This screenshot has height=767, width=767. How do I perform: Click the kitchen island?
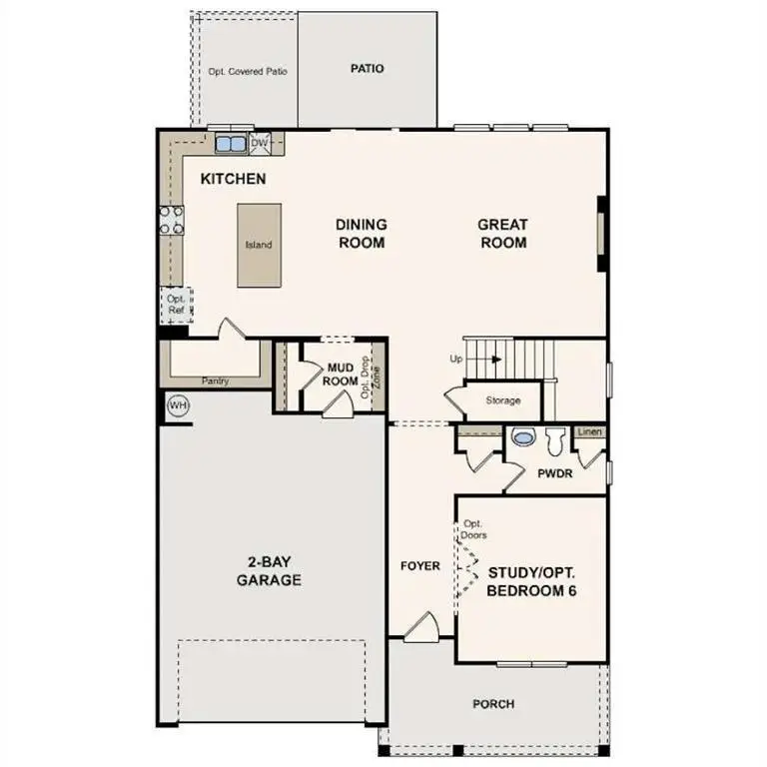click(258, 245)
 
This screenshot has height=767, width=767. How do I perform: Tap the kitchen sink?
click(231, 143)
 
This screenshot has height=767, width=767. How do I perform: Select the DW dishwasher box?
click(260, 143)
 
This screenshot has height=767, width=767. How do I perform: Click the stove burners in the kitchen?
click(171, 220)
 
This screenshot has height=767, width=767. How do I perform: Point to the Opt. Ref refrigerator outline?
click(176, 305)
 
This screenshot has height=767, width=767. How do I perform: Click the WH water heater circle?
click(178, 405)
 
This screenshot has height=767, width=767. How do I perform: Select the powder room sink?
click(523, 436)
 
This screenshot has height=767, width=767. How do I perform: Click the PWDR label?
click(554, 473)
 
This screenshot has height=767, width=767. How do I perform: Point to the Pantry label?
click(216, 381)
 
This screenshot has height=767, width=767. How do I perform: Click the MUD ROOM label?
click(342, 375)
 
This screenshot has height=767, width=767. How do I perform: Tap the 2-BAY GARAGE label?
click(269, 570)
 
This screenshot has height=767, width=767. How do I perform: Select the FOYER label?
click(420, 566)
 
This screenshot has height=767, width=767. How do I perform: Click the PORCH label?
click(493, 704)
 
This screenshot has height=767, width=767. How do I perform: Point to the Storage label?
click(503, 400)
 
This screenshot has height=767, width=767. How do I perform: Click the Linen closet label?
click(590, 432)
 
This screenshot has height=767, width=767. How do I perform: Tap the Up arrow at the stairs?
click(484, 359)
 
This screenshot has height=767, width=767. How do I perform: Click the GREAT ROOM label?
click(502, 234)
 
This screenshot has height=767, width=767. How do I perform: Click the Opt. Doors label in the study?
click(473, 529)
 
